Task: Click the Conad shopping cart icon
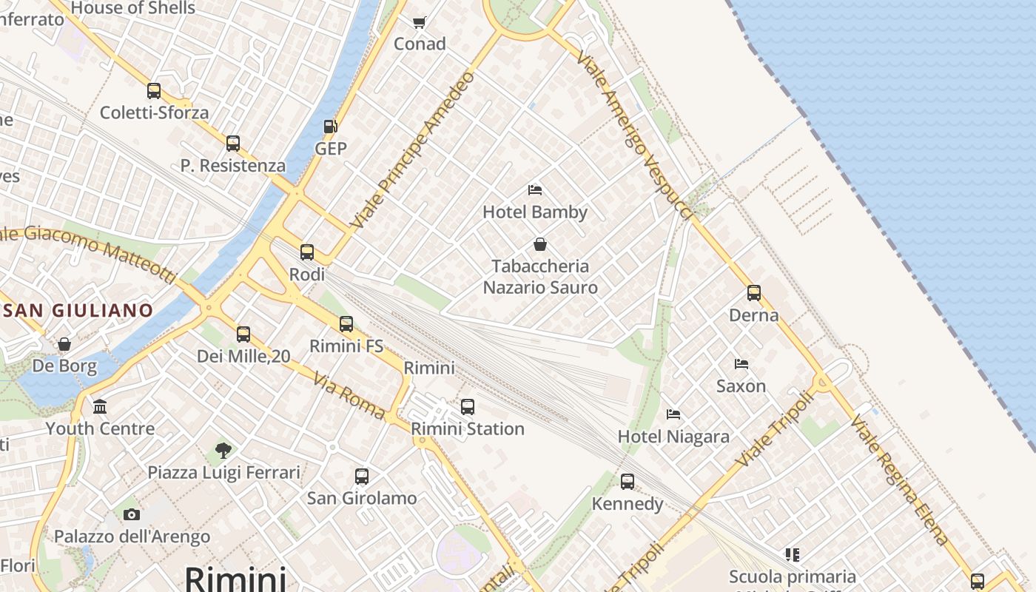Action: pos(420,22)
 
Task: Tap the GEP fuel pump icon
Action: pos(331,127)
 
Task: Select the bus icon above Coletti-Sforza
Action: pos(154,91)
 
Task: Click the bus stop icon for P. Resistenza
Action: pos(233,144)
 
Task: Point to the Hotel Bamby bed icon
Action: pos(535,190)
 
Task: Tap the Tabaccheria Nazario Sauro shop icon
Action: pos(540,244)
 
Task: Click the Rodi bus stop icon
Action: pos(307,252)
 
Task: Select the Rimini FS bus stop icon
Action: pos(346,323)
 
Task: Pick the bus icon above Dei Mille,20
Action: pos(243,334)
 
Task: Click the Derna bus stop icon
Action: pos(754,293)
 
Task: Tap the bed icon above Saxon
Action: pos(741,363)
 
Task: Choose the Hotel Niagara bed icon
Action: pos(673,414)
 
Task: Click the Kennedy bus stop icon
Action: pos(628,482)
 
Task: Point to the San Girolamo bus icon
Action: pos(362,477)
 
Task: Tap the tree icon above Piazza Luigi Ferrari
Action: pos(223,450)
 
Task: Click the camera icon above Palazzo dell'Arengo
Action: pos(132,514)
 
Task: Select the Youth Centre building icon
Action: pos(100,406)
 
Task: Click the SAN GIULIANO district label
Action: pos(78,310)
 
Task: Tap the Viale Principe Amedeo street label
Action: pos(411,149)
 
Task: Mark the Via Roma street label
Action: pos(349,397)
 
